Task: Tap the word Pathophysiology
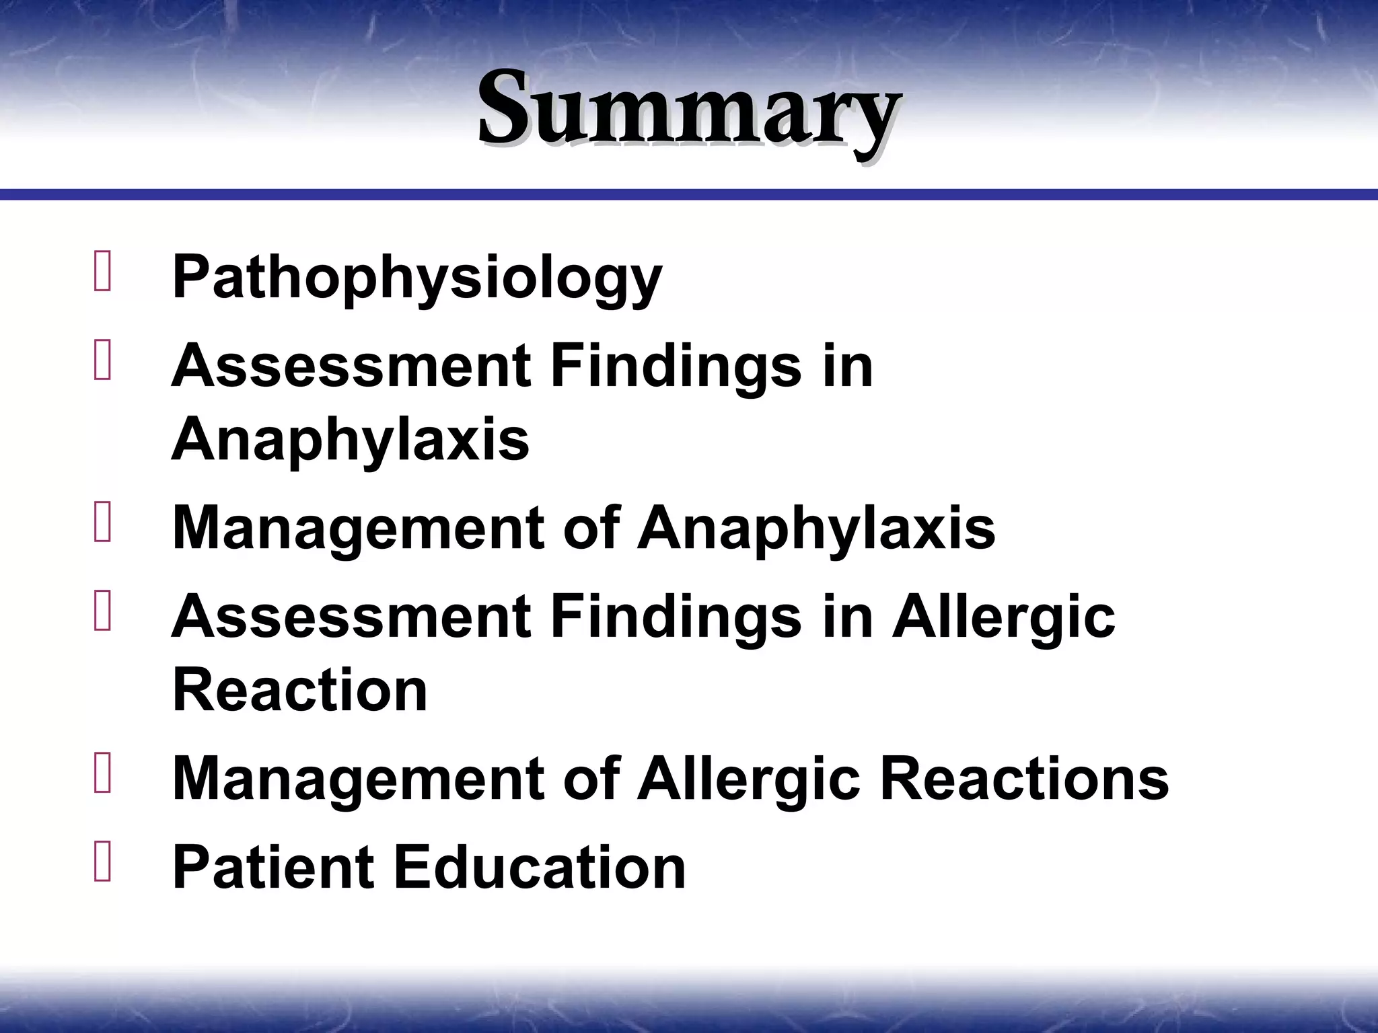pyautogui.click(x=417, y=277)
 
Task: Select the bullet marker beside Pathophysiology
pyautogui.click(x=103, y=271)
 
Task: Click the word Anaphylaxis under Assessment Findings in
pyautogui.click(x=351, y=439)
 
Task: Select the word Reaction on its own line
pyautogui.click(x=300, y=690)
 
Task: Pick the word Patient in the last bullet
pyautogui.click(x=273, y=868)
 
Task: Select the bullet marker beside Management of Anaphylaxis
pyautogui.click(x=103, y=522)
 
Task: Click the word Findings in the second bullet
pyautogui.click(x=676, y=367)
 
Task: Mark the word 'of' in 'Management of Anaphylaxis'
pyautogui.click(x=591, y=528)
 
